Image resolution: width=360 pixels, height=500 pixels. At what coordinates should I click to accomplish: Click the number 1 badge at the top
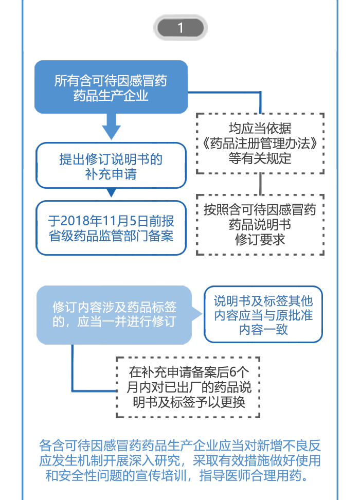click(x=181, y=28)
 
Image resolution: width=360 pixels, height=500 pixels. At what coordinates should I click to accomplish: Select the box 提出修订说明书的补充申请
click(x=111, y=166)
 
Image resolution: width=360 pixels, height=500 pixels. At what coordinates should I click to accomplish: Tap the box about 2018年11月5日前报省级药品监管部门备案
click(x=111, y=228)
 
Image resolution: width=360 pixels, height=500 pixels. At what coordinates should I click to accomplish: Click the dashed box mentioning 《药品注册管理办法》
click(x=260, y=143)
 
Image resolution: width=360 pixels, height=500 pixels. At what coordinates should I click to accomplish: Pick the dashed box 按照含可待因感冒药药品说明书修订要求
click(x=260, y=224)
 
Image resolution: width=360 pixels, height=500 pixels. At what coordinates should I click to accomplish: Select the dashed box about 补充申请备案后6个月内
click(x=188, y=386)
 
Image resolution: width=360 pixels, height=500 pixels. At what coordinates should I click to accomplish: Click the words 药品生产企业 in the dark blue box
click(x=111, y=96)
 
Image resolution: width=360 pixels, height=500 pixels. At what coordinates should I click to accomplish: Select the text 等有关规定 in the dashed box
click(x=260, y=158)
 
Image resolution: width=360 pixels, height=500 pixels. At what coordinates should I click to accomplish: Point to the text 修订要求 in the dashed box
click(x=260, y=240)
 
